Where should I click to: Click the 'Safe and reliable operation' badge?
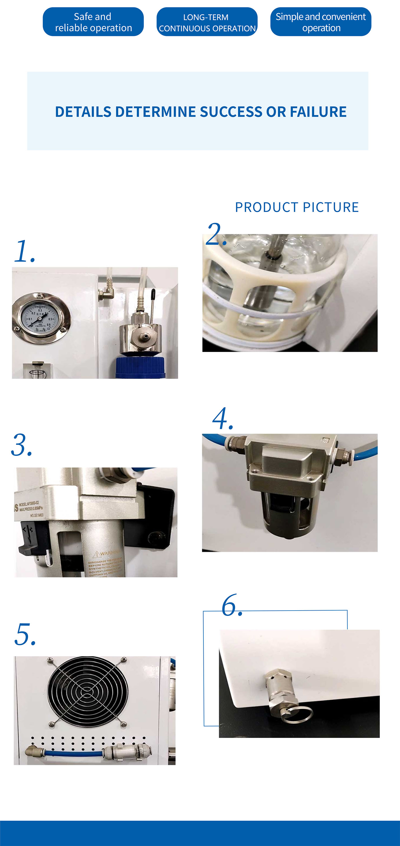[x=93, y=22]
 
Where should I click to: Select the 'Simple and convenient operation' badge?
[x=321, y=22]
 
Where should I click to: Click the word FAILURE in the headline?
[x=318, y=112]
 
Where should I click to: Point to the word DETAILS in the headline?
[x=83, y=112]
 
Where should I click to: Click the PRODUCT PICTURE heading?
[x=297, y=207]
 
